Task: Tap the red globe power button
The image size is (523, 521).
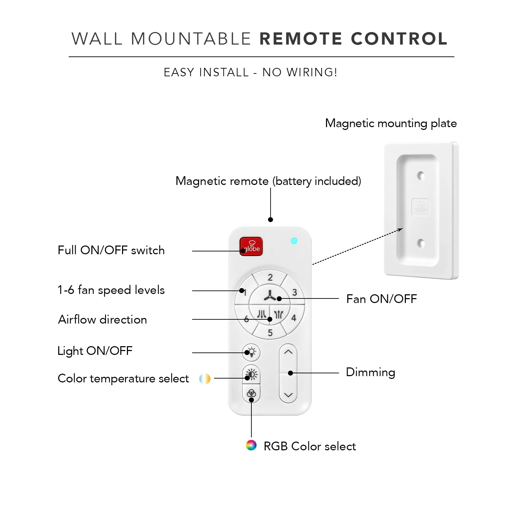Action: click(251, 247)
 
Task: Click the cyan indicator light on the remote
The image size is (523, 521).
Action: click(294, 241)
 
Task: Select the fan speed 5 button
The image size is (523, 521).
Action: click(270, 333)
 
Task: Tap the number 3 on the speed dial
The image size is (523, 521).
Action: click(295, 292)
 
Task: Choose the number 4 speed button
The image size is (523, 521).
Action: click(294, 318)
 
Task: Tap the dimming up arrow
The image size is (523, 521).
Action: click(288, 352)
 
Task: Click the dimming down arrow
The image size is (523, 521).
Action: click(288, 395)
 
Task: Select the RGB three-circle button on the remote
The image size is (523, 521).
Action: click(251, 394)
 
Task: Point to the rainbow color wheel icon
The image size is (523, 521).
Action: click(251, 445)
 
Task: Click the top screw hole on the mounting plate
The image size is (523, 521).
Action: click(421, 176)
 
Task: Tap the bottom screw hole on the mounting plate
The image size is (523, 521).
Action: click(421, 243)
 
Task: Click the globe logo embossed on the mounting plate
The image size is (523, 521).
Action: click(420, 207)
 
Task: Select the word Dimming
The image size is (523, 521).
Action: click(370, 372)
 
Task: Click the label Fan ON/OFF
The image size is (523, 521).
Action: click(381, 299)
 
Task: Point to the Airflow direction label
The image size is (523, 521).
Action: click(103, 319)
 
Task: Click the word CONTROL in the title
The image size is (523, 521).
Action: click(399, 39)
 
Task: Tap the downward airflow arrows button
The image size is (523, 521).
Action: click(261, 314)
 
